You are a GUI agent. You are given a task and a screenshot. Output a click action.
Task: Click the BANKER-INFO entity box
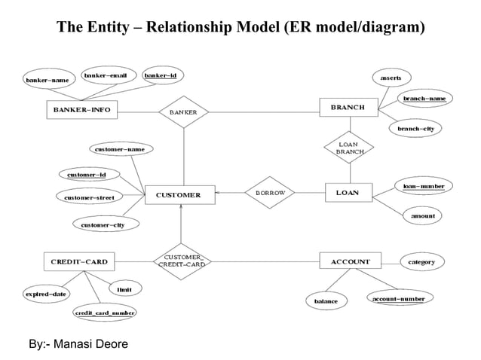[x=81, y=110]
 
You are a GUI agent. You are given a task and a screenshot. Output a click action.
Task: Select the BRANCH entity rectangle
[x=347, y=108]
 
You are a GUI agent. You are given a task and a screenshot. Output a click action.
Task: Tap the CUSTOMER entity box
[x=179, y=194]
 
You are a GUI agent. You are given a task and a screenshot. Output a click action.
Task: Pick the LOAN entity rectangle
[x=348, y=193]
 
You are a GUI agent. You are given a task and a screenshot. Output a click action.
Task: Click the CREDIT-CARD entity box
[x=79, y=262]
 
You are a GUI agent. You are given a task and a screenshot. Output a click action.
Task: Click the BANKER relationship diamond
[x=183, y=111]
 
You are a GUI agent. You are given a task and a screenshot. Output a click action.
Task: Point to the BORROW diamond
[x=270, y=193]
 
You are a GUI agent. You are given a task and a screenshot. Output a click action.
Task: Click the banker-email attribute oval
[x=106, y=75]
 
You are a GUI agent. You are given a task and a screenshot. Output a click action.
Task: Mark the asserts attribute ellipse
[x=391, y=78]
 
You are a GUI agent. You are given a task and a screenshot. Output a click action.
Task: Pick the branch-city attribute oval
[x=416, y=129]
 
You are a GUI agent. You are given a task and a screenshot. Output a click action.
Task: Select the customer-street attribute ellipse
[x=89, y=197]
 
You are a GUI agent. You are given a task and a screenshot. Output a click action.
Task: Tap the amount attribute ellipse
[x=423, y=216]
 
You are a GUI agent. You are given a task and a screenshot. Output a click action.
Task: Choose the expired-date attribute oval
[x=46, y=294]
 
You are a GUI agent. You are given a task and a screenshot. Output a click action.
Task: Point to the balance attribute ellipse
[x=326, y=301]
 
